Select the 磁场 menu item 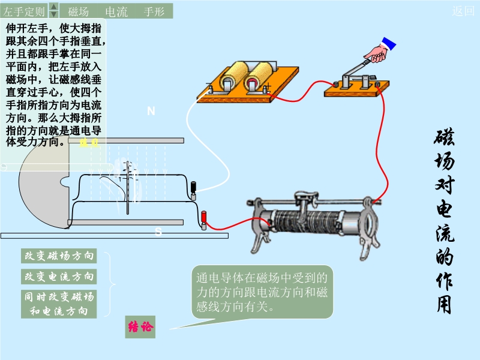[79, 11]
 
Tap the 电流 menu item [116, 11]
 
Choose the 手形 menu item [154, 11]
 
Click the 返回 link [463, 11]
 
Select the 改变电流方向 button [59, 277]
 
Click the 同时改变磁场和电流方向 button [59, 304]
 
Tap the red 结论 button [140, 327]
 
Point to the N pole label [151, 111]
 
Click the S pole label [158, 232]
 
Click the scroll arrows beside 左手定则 [53, 10]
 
